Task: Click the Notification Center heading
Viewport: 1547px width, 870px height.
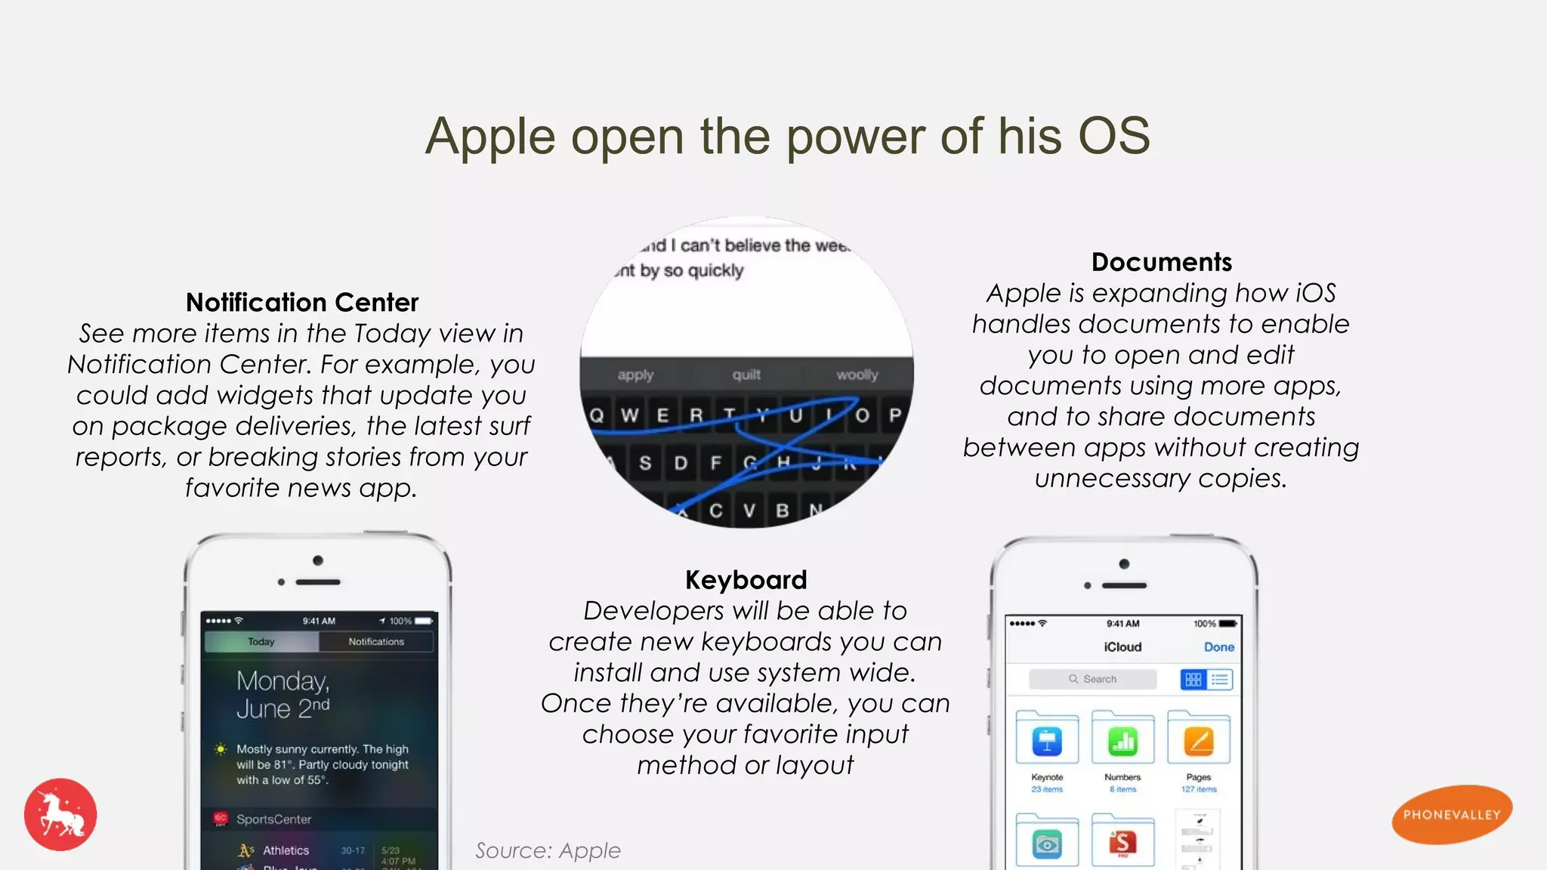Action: pos(301,303)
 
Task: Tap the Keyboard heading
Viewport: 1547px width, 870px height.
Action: pos(746,580)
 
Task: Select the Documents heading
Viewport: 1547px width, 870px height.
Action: pos(1161,262)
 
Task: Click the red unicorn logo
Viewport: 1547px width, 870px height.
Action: pos(60,815)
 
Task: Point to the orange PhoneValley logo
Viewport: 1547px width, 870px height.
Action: pos(1451,814)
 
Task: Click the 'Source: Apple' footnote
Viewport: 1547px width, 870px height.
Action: pos(548,850)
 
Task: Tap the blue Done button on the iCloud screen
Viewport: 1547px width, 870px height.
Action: pos(1218,647)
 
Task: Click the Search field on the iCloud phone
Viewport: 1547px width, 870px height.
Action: pos(1092,679)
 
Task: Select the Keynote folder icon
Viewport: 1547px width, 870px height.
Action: pos(1047,740)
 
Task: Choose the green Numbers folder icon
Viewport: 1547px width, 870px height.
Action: pos(1122,740)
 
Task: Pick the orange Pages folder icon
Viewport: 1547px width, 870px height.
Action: pos(1199,740)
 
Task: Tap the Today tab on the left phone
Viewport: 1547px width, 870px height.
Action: pos(261,642)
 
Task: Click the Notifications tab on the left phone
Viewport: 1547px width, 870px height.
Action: pos(376,642)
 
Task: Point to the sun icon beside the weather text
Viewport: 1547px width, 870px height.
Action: pos(221,749)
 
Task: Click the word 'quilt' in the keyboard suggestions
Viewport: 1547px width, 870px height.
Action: pos(746,375)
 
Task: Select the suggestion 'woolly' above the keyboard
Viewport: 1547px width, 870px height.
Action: pos(857,375)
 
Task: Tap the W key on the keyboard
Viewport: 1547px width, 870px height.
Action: pos(629,415)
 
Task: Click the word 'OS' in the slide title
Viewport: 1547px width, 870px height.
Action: pos(1113,137)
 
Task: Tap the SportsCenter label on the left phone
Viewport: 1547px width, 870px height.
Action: pos(273,819)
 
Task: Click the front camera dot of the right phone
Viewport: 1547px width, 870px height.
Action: pos(1124,564)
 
